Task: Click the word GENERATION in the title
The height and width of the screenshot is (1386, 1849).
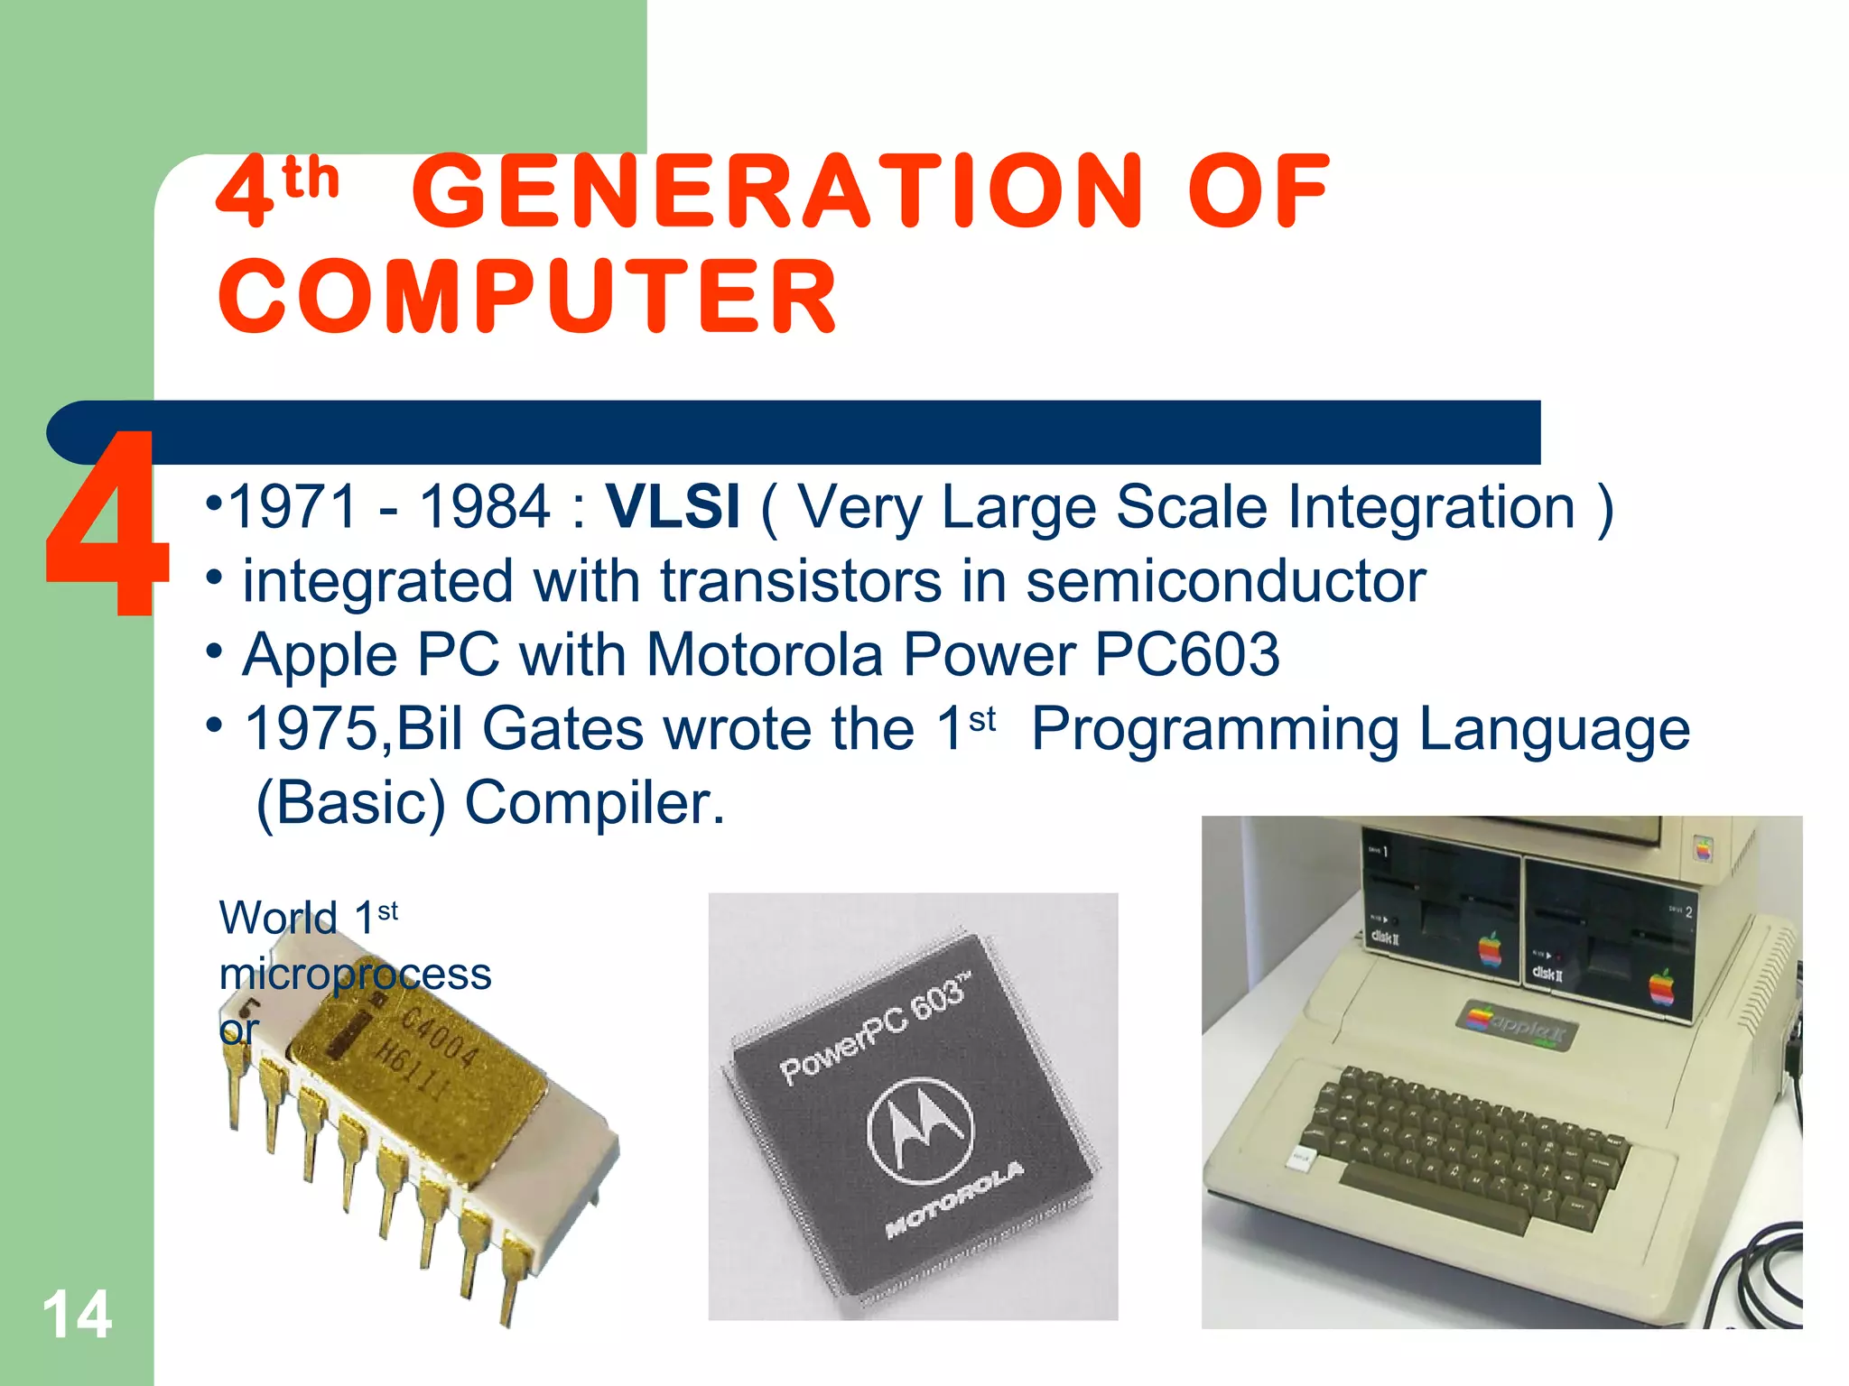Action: tap(778, 191)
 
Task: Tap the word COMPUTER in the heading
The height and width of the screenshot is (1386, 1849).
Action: tap(528, 297)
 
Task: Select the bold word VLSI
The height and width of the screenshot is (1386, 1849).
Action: tap(673, 506)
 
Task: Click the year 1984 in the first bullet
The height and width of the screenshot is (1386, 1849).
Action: tap(485, 506)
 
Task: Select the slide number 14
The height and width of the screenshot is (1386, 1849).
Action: tap(78, 1315)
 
